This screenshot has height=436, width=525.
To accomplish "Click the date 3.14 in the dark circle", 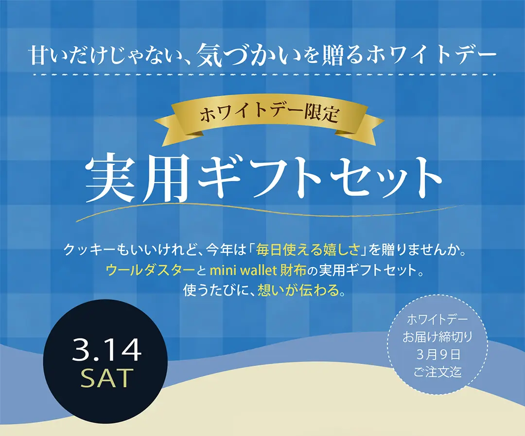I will tap(106, 350).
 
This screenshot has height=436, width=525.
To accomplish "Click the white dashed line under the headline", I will tap(262, 75).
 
